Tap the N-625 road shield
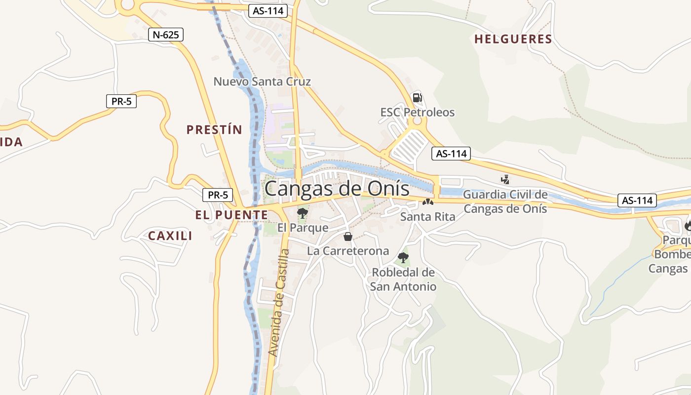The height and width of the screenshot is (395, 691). point(166,35)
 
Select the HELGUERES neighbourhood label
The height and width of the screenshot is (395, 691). point(513,39)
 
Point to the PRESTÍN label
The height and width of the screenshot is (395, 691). point(214,130)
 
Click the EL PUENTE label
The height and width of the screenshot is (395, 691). point(231,215)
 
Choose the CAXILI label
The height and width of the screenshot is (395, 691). point(170,236)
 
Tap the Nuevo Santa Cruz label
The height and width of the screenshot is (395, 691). point(262,81)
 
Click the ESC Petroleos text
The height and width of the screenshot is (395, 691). point(418,113)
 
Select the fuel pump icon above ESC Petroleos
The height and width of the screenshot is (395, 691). point(417,98)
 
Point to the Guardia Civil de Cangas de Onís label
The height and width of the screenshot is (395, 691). point(505,201)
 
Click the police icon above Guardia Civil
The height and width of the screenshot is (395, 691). point(504,180)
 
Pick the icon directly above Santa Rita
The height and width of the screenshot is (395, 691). point(427,202)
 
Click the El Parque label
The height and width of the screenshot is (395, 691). point(303,228)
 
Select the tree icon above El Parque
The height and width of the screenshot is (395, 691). point(303,213)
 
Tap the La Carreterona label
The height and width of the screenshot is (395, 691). point(348,251)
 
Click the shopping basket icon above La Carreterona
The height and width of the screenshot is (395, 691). point(348,237)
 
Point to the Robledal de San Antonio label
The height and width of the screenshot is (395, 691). point(403,279)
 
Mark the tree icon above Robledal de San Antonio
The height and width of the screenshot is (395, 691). point(403,257)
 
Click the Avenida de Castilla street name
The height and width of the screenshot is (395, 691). point(279,302)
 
